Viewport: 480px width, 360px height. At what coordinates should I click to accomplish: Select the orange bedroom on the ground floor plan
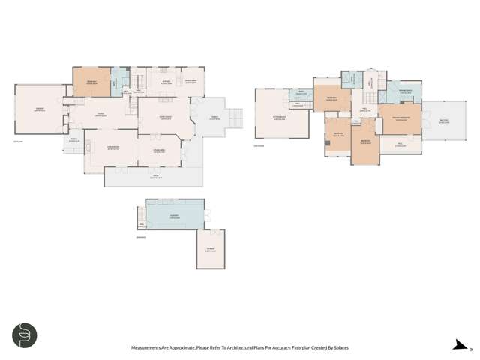[91, 79]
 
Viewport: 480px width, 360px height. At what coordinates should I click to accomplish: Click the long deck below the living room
[154, 177]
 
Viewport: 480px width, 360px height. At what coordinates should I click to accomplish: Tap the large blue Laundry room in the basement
[174, 216]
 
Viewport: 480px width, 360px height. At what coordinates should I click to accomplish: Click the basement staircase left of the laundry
[140, 217]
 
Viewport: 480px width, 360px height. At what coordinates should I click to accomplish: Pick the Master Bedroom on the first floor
[400, 118]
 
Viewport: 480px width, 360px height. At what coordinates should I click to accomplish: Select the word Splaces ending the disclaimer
[338, 347]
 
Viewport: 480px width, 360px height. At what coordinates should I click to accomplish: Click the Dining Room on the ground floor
[159, 153]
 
